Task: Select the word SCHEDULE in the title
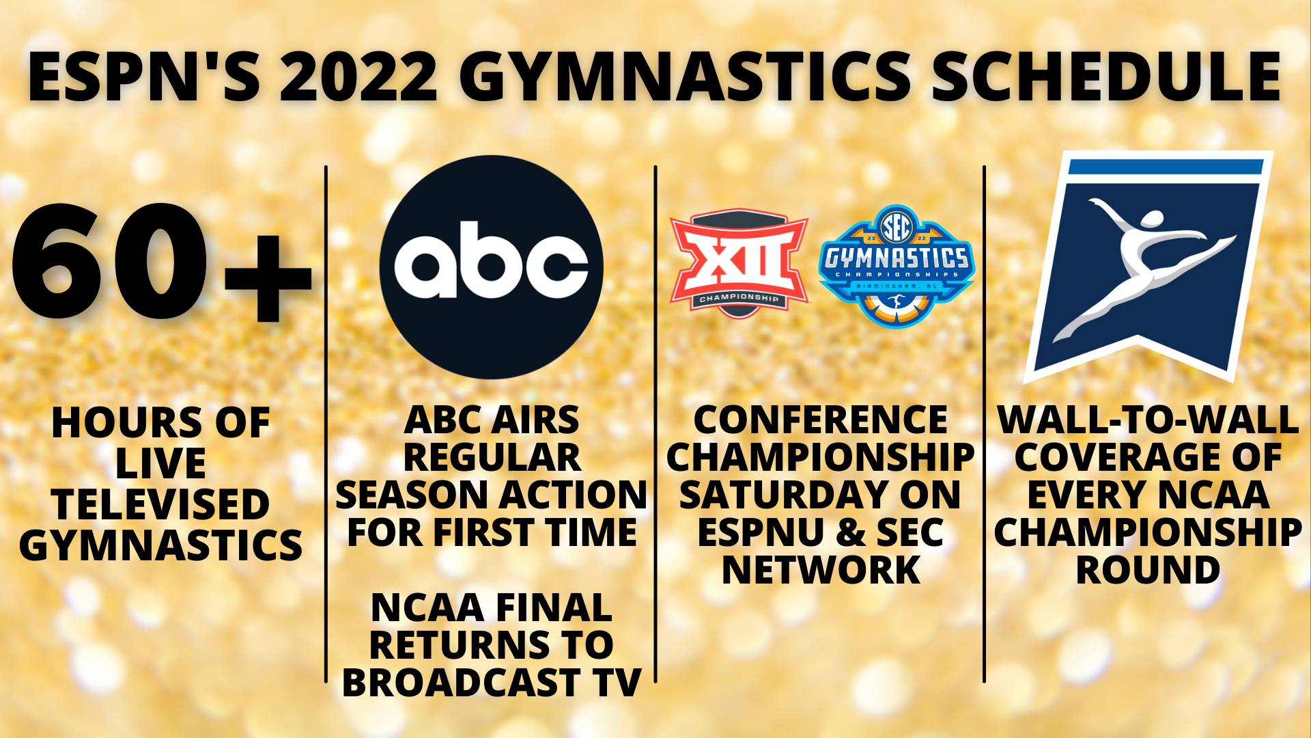point(1106,77)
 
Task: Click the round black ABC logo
point(492,267)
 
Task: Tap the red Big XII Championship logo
point(739,263)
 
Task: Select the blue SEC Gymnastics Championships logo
point(897,266)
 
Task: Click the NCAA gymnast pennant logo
point(1147,266)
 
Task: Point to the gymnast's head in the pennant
point(1151,219)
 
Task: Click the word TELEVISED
point(160,504)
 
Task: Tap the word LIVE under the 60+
point(160,464)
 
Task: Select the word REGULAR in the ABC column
point(492,457)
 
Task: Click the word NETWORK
point(821,570)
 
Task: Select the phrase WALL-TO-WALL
point(1148,420)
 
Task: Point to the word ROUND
point(1148,570)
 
